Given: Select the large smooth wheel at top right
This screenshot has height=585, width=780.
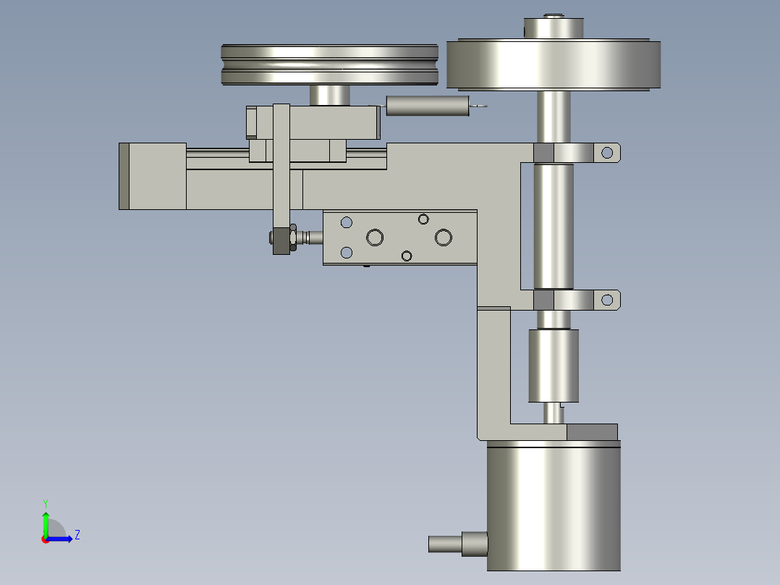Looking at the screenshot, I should pos(554,65).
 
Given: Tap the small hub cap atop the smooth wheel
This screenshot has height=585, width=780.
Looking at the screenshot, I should pos(554,28).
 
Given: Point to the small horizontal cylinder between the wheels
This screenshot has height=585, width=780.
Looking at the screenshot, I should pos(428,106).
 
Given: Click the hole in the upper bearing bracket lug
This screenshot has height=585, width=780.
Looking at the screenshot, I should pos(607,152).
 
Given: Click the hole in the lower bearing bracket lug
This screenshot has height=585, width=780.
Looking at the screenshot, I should pos(607,298).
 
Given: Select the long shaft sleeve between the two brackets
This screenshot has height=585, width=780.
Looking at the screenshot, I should pos(554,226).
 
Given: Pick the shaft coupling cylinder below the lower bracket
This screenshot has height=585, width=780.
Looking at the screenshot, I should pos(554,365).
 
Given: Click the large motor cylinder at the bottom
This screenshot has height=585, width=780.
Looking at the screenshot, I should pos(554,507).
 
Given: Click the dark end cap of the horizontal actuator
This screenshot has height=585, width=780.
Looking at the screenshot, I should pos(124,176).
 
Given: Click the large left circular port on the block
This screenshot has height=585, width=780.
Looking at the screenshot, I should pos(374,237).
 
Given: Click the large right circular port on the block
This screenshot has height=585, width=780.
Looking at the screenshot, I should pos(443,237).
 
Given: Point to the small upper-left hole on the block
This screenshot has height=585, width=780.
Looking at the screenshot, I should pos(347,222).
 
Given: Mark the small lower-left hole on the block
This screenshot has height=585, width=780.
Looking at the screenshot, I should pos(347,252).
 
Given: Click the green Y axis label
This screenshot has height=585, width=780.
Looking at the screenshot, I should pos(45,502).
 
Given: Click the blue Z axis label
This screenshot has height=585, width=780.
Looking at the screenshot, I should pos(77,535).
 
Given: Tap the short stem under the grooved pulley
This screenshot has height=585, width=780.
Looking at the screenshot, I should pos(330,95).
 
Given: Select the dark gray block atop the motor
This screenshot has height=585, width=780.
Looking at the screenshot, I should pos(592,432).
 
